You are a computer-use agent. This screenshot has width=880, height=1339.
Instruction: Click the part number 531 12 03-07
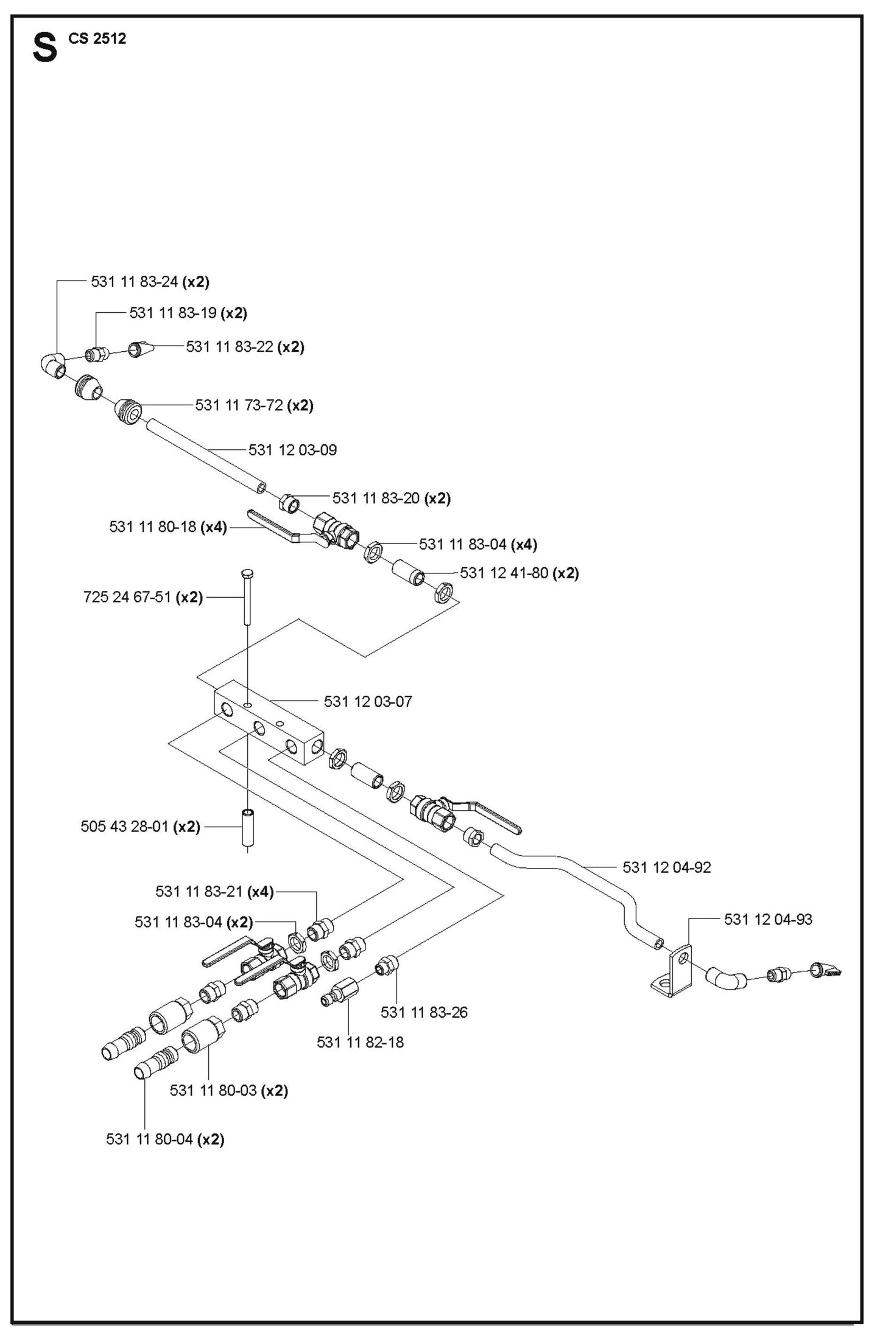[367, 702]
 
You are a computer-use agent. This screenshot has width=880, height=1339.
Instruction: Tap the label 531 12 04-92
[666, 867]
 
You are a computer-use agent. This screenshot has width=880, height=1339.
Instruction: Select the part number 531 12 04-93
[767, 920]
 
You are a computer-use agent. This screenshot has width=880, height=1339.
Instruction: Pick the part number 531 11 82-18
[360, 1043]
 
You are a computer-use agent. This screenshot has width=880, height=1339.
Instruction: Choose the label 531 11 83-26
[424, 1012]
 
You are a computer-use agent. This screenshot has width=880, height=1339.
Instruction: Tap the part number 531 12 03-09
[292, 450]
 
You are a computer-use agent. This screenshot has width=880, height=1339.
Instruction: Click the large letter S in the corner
[44, 48]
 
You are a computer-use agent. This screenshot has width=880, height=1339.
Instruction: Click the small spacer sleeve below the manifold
[248, 827]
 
